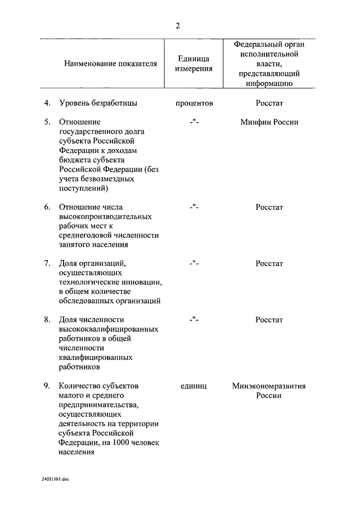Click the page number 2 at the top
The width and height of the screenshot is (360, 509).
pyautogui.click(x=178, y=26)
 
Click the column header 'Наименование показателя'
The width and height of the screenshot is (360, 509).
pyautogui.click(x=110, y=64)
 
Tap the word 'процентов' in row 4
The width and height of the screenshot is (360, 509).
pyautogui.click(x=194, y=103)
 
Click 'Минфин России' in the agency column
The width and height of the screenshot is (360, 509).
pyautogui.click(x=269, y=122)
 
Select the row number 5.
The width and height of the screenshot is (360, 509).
pyautogui.click(x=47, y=122)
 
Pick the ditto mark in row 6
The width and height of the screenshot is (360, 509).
pyautogui.click(x=194, y=207)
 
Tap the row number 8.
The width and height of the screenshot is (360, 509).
pyautogui.click(x=47, y=319)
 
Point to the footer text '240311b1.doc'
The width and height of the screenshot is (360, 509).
pyautogui.click(x=55, y=479)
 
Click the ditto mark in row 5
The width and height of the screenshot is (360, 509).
pyautogui.click(x=194, y=122)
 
